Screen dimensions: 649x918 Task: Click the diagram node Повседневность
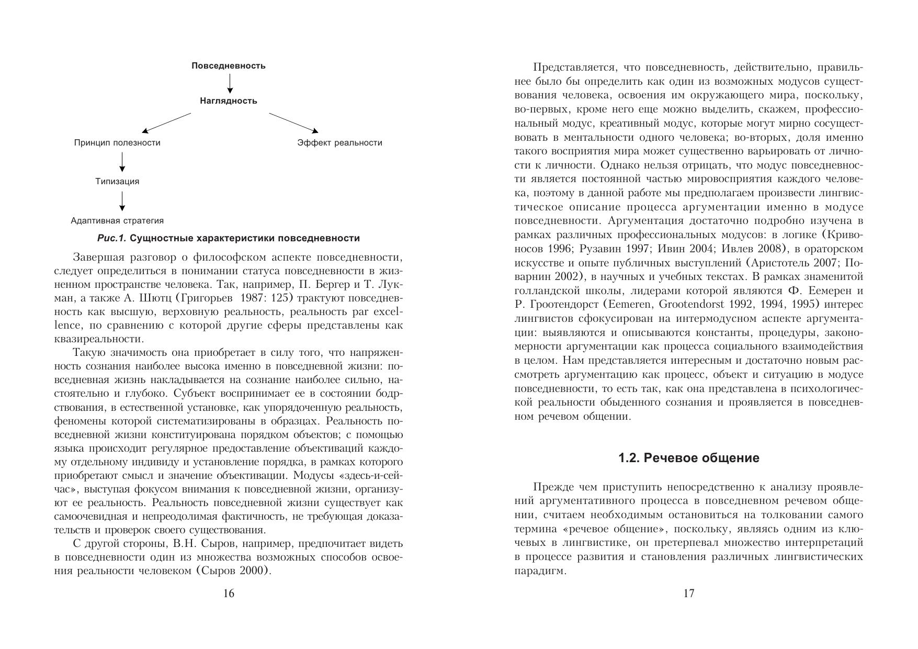click(x=228, y=66)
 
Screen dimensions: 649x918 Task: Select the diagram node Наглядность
click(x=228, y=101)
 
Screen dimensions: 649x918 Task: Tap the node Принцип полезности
click(x=117, y=143)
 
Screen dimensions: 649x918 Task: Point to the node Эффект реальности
click(x=339, y=143)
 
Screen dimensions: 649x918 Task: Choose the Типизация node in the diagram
click(x=117, y=182)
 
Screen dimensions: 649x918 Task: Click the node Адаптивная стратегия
click(x=117, y=221)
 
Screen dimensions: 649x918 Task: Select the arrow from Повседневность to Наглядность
click(x=230, y=83)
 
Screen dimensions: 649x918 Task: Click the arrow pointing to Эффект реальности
click(x=293, y=122)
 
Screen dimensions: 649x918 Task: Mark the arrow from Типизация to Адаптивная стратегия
click(x=122, y=201)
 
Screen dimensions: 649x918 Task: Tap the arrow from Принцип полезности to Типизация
click(x=122, y=162)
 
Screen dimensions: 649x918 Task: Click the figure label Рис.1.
click(x=112, y=239)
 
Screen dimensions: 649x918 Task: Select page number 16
click(x=229, y=594)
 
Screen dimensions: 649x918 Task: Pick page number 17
click(x=689, y=594)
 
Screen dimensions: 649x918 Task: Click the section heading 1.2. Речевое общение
click(x=688, y=458)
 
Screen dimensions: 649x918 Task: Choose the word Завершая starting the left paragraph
click(x=95, y=258)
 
